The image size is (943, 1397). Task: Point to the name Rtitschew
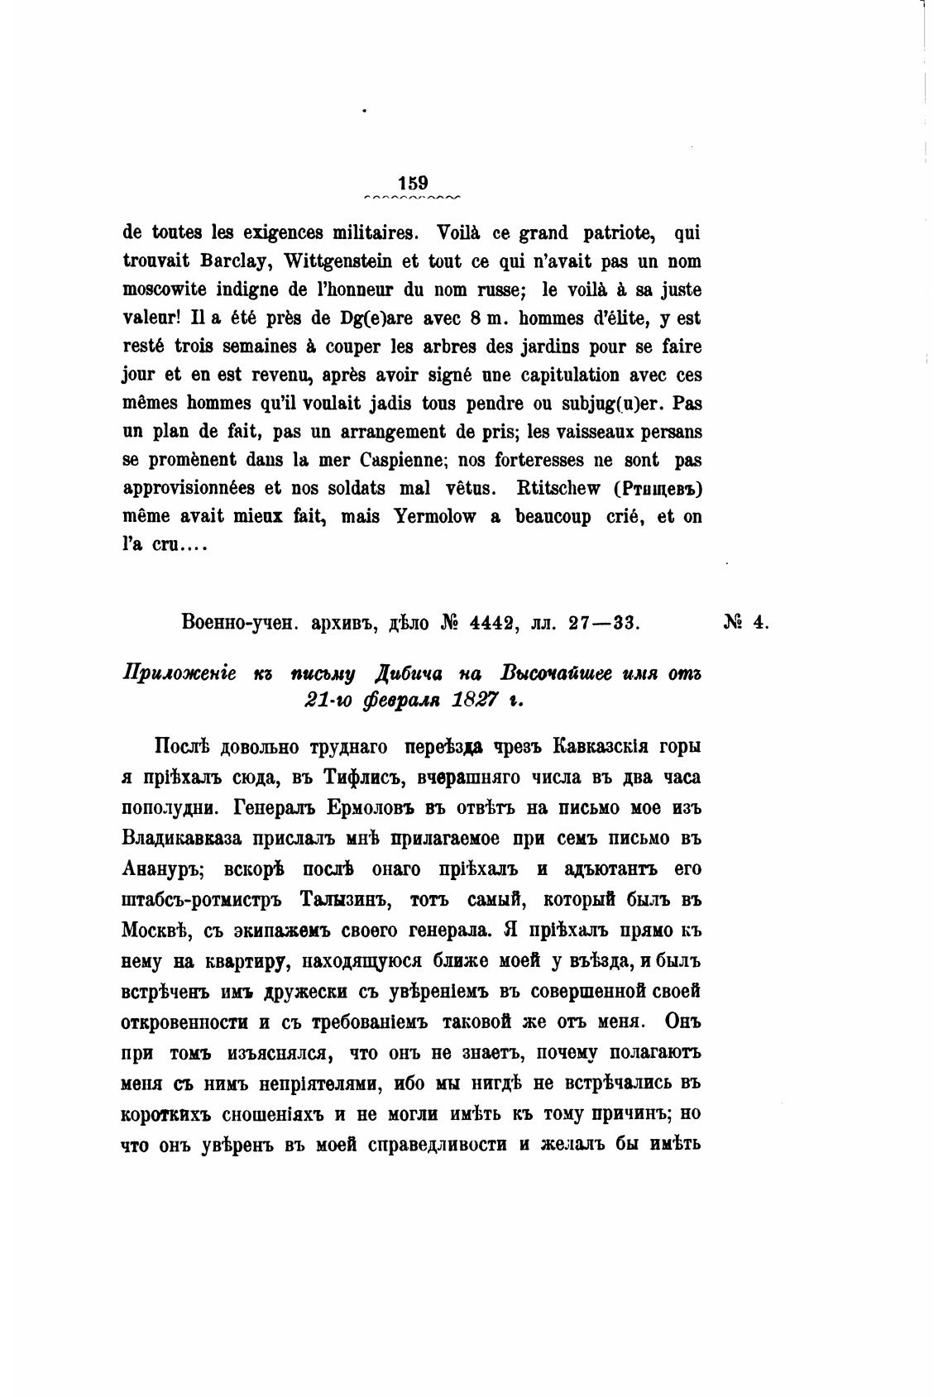click(560, 488)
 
